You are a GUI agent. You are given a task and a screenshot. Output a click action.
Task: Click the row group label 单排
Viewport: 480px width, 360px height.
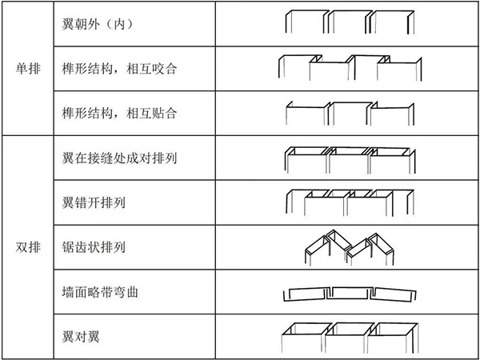[x=28, y=68]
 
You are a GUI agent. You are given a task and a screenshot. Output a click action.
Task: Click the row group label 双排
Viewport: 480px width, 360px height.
[x=28, y=247]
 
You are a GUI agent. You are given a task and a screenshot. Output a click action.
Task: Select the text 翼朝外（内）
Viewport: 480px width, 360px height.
[x=98, y=24]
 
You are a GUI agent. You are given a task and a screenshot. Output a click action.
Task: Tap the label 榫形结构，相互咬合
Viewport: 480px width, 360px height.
[x=119, y=69]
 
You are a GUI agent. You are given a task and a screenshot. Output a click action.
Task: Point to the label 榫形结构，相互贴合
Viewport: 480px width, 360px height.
[x=119, y=114]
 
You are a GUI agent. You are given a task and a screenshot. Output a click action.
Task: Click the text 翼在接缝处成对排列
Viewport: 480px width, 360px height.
[x=119, y=158]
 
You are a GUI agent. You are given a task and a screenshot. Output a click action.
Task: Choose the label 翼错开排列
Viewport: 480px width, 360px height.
[x=94, y=202]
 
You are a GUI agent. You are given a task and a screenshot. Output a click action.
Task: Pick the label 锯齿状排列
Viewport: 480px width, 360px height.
[x=94, y=247]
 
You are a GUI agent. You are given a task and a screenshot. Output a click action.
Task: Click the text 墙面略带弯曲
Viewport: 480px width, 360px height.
[x=100, y=292]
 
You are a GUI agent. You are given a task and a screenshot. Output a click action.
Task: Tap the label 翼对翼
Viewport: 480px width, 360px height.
[x=81, y=337]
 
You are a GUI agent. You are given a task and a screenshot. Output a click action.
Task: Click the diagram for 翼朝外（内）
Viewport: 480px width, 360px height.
[x=350, y=22]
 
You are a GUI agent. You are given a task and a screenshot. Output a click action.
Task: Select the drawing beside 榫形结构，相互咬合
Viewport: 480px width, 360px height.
[x=350, y=68]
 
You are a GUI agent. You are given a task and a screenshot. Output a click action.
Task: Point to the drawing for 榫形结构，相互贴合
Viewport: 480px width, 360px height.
[x=350, y=114]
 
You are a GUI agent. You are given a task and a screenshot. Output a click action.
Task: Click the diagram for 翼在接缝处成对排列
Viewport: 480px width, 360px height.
[x=350, y=160]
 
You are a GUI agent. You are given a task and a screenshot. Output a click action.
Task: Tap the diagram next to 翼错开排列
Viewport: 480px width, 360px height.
[x=350, y=202]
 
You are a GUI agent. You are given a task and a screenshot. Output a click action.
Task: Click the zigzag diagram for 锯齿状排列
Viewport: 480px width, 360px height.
[x=350, y=247]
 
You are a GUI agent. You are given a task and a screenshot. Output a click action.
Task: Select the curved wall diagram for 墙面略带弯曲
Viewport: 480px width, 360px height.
[x=350, y=294]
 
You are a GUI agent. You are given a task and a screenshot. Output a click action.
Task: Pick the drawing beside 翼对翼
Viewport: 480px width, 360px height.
[x=350, y=338]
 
